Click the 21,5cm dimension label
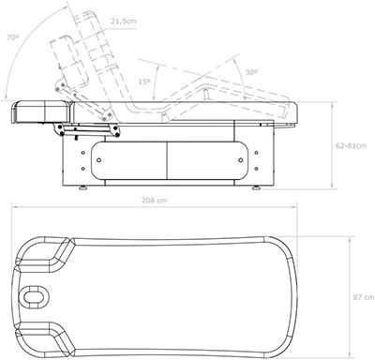pos(124,22)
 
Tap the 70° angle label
pos(13,37)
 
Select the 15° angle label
pos(144,82)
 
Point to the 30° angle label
pos(251,72)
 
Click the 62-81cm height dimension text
pos(352,145)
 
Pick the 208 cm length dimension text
pos(155,201)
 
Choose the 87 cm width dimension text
pos(364,297)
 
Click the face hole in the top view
pos(32,295)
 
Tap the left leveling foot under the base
pos(82,187)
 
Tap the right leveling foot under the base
pos(256,187)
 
